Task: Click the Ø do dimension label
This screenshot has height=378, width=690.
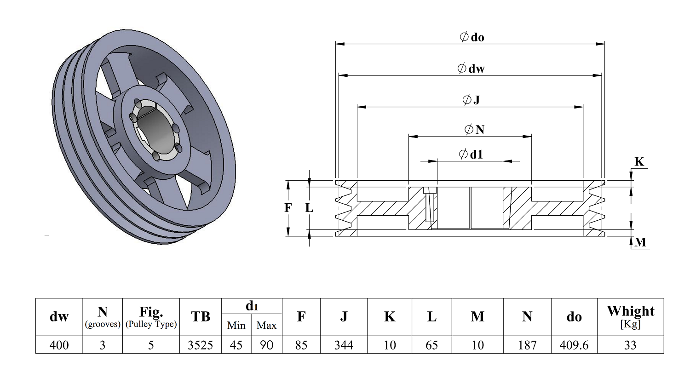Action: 471,37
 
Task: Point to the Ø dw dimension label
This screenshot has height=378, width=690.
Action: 471,68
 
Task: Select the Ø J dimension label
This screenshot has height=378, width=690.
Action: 471,99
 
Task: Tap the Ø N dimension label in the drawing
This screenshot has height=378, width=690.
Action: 474,129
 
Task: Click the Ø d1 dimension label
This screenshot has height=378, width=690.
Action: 471,154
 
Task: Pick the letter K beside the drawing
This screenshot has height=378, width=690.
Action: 639,161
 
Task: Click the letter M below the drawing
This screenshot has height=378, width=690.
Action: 640,242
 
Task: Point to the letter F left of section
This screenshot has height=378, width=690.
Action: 287,208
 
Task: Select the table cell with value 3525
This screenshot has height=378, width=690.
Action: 200,345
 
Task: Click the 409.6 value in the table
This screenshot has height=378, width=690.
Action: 574,345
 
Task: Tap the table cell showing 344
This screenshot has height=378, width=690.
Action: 344,345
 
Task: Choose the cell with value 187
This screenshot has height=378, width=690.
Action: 527,345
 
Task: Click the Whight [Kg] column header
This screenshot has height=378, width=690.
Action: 630,317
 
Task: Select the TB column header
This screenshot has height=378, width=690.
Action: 200,316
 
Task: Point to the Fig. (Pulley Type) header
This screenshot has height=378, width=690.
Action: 151,317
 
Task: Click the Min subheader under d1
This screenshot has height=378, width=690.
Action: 236,325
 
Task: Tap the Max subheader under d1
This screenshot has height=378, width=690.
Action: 266,325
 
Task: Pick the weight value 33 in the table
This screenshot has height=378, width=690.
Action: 630,345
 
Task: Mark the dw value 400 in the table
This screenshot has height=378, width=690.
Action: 59,345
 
